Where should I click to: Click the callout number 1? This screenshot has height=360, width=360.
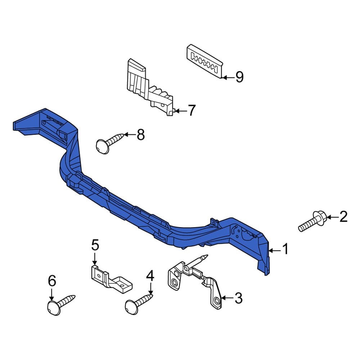point(285,249)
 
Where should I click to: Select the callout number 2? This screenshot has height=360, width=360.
point(343,217)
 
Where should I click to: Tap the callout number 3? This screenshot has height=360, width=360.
point(239,298)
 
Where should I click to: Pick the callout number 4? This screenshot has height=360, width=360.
point(150,276)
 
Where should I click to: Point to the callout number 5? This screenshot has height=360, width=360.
point(95,245)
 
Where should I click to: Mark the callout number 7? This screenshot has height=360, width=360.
point(192,110)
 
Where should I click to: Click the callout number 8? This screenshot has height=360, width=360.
point(140,135)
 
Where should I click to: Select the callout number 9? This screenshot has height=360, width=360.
point(239,77)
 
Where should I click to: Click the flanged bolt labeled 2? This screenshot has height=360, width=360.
point(313,221)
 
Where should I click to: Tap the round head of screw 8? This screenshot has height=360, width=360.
point(103,146)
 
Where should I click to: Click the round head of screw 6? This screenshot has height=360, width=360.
point(54,308)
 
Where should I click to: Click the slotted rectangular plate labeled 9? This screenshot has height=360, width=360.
point(204,61)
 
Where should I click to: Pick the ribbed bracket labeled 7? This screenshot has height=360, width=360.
point(150,87)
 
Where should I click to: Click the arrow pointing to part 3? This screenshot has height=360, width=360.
point(227,298)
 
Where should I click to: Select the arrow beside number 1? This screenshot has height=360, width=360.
point(275,251)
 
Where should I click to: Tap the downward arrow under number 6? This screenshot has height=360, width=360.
point(51,294)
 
